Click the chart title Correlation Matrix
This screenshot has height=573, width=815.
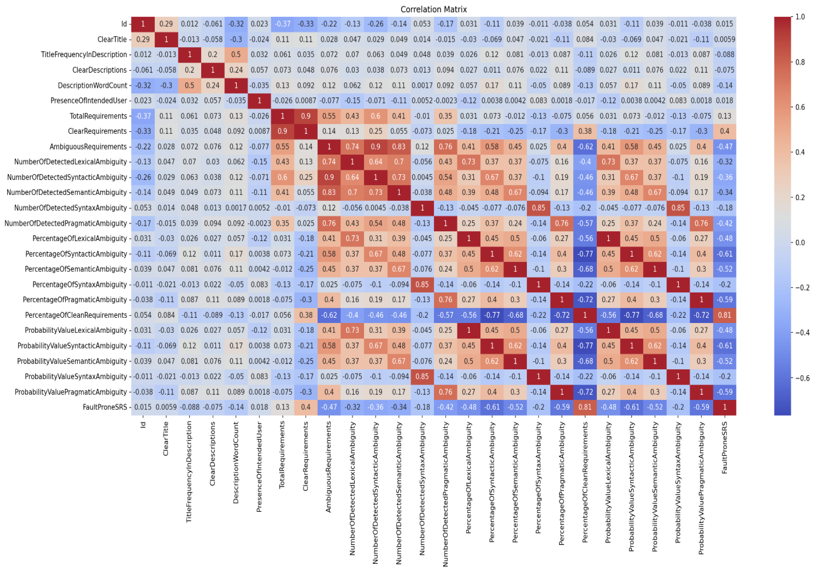point(433,9)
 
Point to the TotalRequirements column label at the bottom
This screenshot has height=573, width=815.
point(282,455)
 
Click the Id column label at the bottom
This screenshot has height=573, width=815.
point(143,425)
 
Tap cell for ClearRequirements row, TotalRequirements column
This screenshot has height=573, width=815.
point(283,131)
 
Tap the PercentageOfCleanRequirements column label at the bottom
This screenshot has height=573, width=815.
point(585,482)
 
